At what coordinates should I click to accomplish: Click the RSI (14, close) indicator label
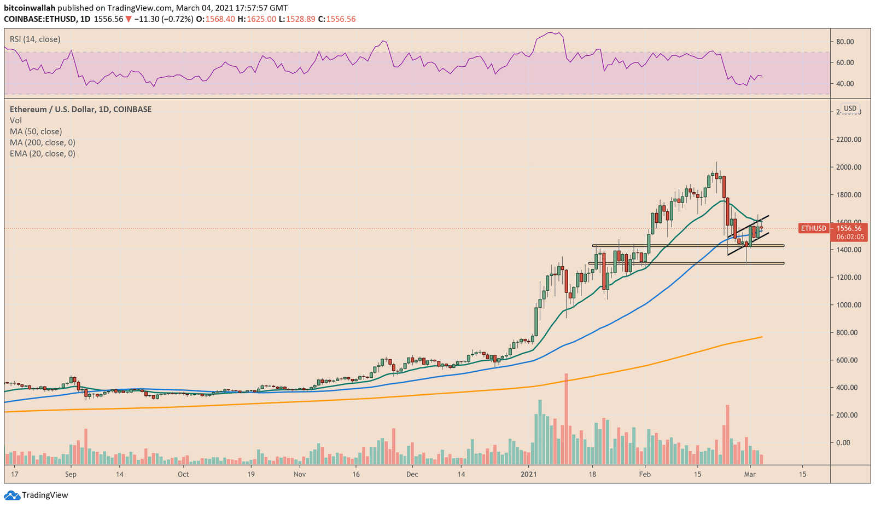[x=35, y=39]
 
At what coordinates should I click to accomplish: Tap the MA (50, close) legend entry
[x=36, y=131]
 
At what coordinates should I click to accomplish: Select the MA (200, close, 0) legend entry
[x=42, y=142]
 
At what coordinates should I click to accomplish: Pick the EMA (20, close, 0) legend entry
[x=42, y=153]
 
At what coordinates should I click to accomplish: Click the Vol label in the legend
[x=16, y=120]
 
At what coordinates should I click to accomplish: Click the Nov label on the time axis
[x=299, y=474]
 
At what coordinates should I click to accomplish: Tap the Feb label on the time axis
[x=645, y=474]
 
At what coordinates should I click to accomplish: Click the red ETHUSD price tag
[x=814, y=228]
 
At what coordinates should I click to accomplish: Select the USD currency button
[x=850, y=108]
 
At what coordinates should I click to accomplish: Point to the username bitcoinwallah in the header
[x=30, y=8]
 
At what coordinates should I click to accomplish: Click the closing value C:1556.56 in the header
[x=337, y=19]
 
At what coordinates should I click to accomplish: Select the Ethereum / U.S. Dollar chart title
[x=80, y=110]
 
